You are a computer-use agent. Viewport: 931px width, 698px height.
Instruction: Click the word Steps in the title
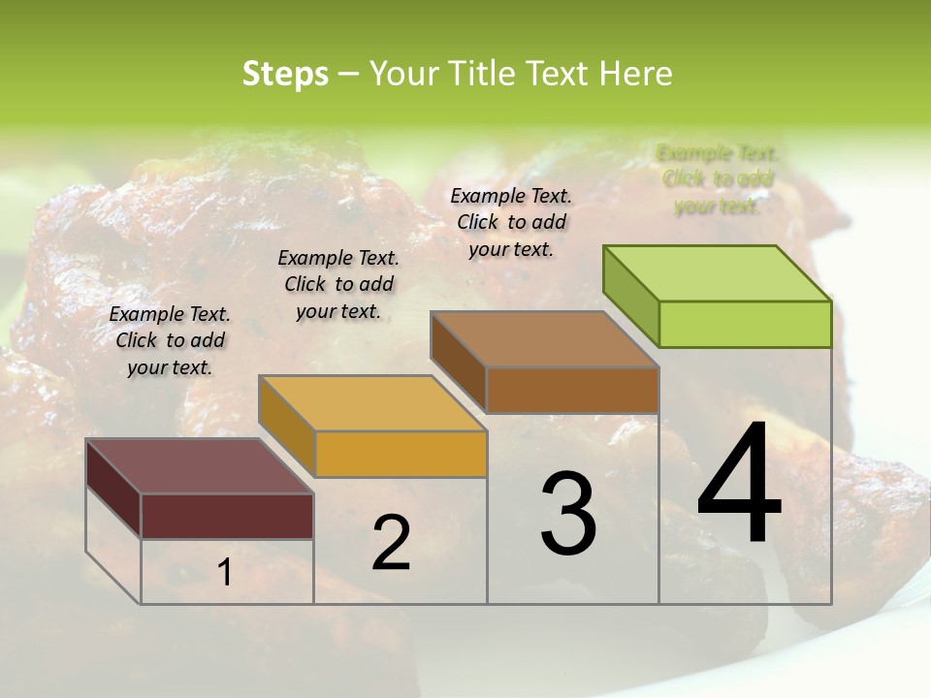[x=284, y=74]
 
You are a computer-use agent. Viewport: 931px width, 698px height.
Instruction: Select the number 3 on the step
[x=568, y=514]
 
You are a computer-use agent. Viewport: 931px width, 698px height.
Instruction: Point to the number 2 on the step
[x=391, y=543]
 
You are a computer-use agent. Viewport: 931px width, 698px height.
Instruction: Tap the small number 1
[x=224, y=572]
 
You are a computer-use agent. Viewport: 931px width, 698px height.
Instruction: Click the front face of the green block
[x=745, y=324]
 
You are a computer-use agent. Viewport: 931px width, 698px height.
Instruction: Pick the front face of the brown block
[x=572, y=390]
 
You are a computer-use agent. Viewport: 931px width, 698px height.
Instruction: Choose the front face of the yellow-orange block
[x=401, y=454]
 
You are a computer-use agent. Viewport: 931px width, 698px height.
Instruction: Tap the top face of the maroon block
[x=199, y=465]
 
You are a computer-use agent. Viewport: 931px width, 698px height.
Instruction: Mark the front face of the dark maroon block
[x=227, y=516]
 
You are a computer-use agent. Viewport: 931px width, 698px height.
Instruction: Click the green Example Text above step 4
[x=718, y=179]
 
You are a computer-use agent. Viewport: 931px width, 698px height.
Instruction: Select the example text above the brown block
[x=511, y=222]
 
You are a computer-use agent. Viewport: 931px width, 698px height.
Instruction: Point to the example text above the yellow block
[x=338, y=284]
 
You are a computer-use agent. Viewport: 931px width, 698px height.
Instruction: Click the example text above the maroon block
[x=170, y=340]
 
